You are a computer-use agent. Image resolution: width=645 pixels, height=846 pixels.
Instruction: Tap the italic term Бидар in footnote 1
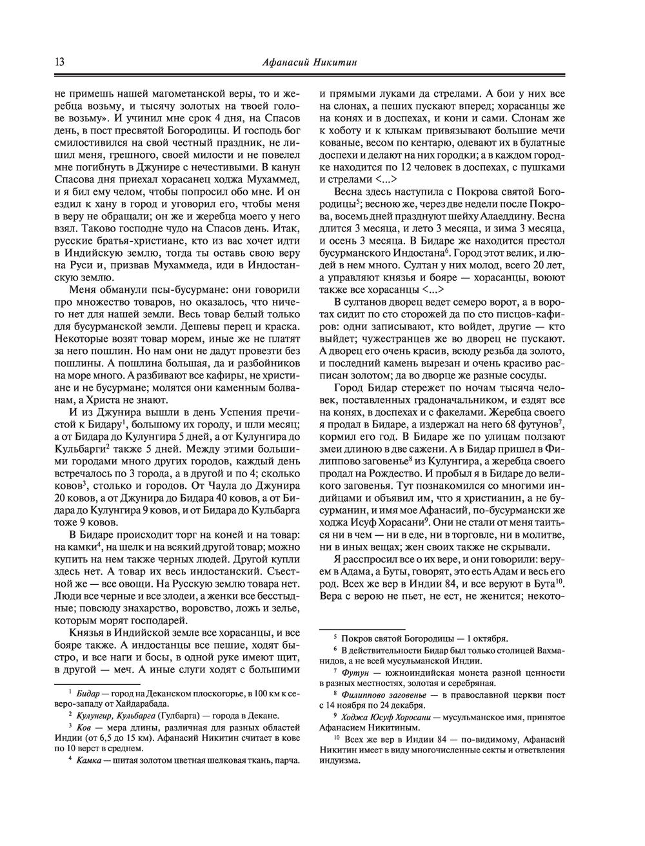coord(87,693)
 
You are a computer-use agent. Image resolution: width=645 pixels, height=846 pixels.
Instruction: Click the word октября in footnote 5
coord(492,638)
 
